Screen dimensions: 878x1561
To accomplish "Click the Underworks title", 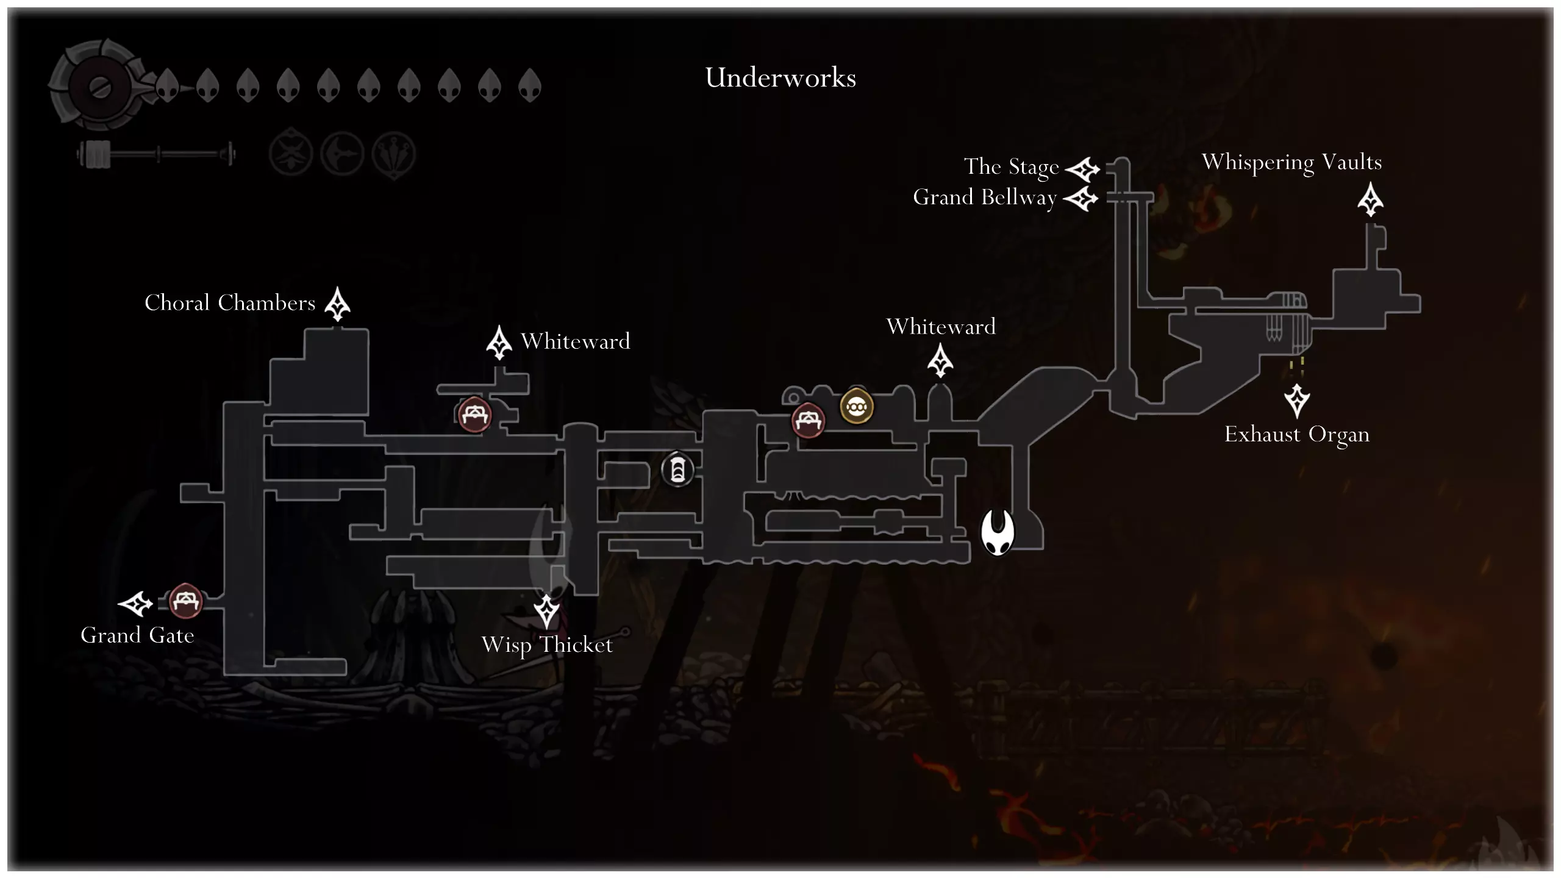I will tap(780, 78).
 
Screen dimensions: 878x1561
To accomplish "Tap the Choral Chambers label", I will tap(230, 303).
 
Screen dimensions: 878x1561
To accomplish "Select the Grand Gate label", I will tap(137, 635).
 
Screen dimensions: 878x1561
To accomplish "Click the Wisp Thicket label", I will tap(547, 645).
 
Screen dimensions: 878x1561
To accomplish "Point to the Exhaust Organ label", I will tap(1297, 435).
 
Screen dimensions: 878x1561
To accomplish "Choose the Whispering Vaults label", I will tap(1291, 162).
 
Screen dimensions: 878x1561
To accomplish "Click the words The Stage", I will tap(1011, 166).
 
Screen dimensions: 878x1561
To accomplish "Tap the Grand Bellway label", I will tap(984, 198).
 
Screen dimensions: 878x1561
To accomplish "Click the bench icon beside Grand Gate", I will tap(185, 601).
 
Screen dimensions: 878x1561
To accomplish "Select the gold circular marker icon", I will tap(856, 406).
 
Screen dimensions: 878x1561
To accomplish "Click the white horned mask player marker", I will tap(998, 532).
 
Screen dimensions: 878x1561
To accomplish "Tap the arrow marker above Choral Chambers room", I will tap(337, 303).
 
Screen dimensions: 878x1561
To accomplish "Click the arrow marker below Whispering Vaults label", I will tap(1370, 199).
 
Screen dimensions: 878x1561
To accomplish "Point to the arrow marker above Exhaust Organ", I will tap(1297, 400).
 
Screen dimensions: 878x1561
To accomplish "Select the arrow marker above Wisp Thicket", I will tap(546, 611).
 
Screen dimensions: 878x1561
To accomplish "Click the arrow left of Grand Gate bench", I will tap(135, 604).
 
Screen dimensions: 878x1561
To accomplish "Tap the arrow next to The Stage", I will tap(1082, 169).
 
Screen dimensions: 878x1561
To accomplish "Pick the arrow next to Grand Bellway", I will tap(1081, 198).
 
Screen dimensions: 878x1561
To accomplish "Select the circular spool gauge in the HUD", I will tap(98, 86).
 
